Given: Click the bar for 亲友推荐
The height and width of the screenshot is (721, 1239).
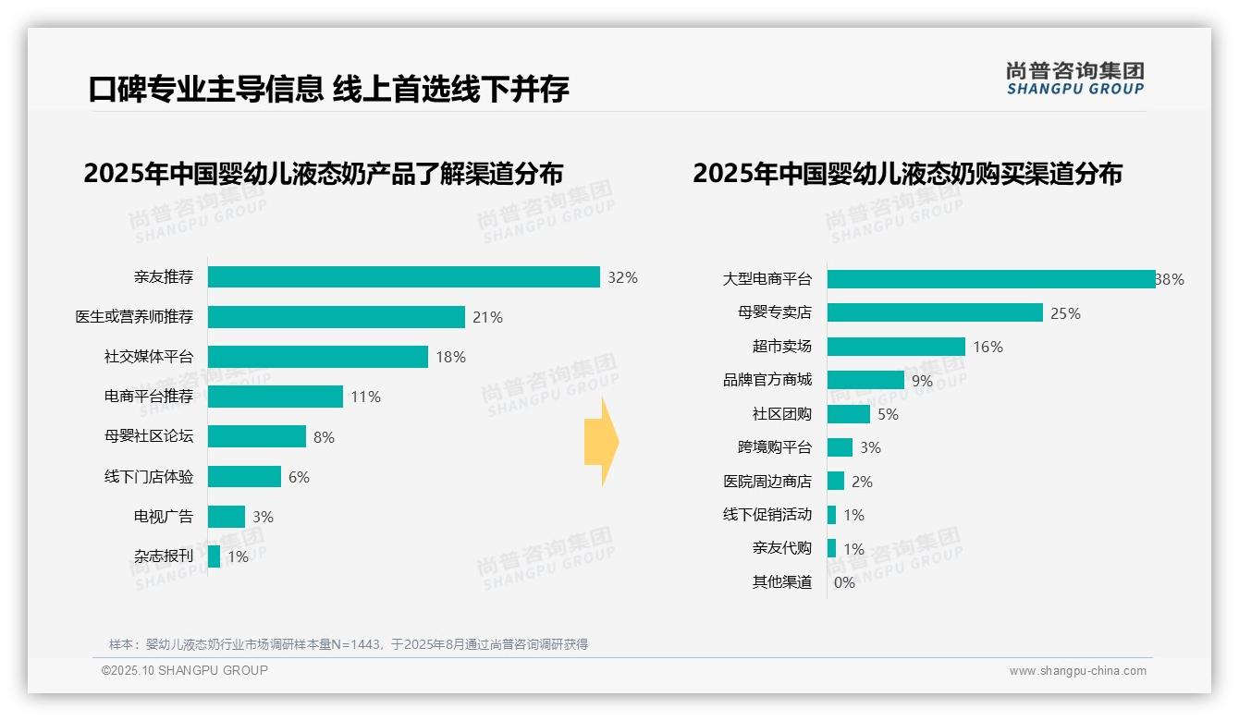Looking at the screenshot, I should [x=404, y=277].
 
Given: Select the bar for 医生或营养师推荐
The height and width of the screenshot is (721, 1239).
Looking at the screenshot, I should [x=336, y=317].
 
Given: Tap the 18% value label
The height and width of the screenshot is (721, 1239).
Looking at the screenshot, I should [x=450, y=357].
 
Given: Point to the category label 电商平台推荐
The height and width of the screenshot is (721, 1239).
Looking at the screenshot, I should [x=149, y=397].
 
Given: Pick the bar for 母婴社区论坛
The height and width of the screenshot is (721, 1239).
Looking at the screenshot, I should [x=257, y=436].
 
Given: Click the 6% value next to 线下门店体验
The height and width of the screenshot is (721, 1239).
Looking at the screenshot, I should [x=299, y=477].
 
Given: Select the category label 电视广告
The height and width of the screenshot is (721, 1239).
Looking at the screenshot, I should [x=164, y=517].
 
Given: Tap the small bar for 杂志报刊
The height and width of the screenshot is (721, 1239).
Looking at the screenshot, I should [x=215, y=556].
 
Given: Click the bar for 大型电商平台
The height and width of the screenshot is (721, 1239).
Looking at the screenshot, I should [x=990, y=279].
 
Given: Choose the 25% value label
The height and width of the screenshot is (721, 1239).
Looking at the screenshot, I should [x=1065, y=313].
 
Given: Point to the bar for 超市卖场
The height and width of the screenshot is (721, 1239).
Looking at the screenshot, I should [x=896, y=347].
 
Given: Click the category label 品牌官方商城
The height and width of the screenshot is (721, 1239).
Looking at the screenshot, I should [x=767, y=380].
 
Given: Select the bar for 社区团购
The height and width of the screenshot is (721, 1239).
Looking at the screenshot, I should [x=849, y=414].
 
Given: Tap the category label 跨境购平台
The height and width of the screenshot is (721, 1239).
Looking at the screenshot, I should [x=775, y=447].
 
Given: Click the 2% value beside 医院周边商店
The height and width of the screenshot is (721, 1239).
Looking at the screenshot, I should [x=862, y=482].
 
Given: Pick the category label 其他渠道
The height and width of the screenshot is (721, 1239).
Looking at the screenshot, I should [x=782, y=582].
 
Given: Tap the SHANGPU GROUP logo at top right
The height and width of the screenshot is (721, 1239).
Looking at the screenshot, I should [x=1074, y=79].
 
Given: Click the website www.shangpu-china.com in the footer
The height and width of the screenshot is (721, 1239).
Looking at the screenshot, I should [x=1077, y=671].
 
